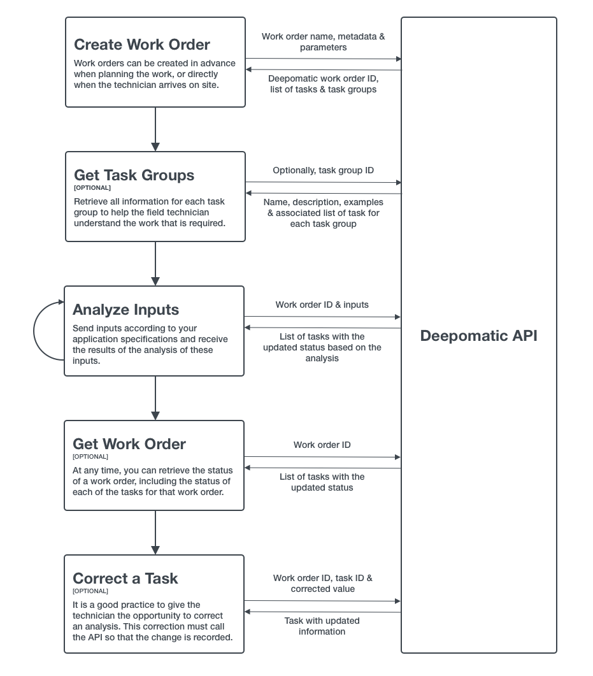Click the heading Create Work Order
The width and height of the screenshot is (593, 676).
(142, 45)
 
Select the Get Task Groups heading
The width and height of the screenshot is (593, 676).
(134, 175)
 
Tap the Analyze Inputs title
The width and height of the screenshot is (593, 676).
(126, 310)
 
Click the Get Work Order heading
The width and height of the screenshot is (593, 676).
(129, 444)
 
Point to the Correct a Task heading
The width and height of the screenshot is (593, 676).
(125, 579)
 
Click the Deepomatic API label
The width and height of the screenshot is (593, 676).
(479, 336)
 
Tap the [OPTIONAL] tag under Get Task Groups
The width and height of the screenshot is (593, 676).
(92, 188)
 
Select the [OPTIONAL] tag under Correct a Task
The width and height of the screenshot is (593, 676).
(90, 591)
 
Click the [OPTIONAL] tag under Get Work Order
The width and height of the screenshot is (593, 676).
(90, 457)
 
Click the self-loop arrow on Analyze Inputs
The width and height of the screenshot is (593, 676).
(34, 331)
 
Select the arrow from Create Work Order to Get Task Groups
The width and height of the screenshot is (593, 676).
(155, 129)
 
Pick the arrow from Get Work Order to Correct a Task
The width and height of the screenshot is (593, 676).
(155, 533)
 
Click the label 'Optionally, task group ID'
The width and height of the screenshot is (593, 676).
(323, 170)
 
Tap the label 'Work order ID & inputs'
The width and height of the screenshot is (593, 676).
(322, 305)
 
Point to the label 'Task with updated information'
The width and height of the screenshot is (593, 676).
(322, 626)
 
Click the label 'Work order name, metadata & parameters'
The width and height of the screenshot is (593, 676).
(323, 42)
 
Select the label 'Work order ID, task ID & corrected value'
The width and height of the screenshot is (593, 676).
(323, 584)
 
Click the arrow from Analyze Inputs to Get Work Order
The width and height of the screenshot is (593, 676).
(155, 398)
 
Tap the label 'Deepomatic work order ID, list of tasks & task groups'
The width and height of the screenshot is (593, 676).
(323, 84)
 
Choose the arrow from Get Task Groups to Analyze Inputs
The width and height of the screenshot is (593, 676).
(155, 264)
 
